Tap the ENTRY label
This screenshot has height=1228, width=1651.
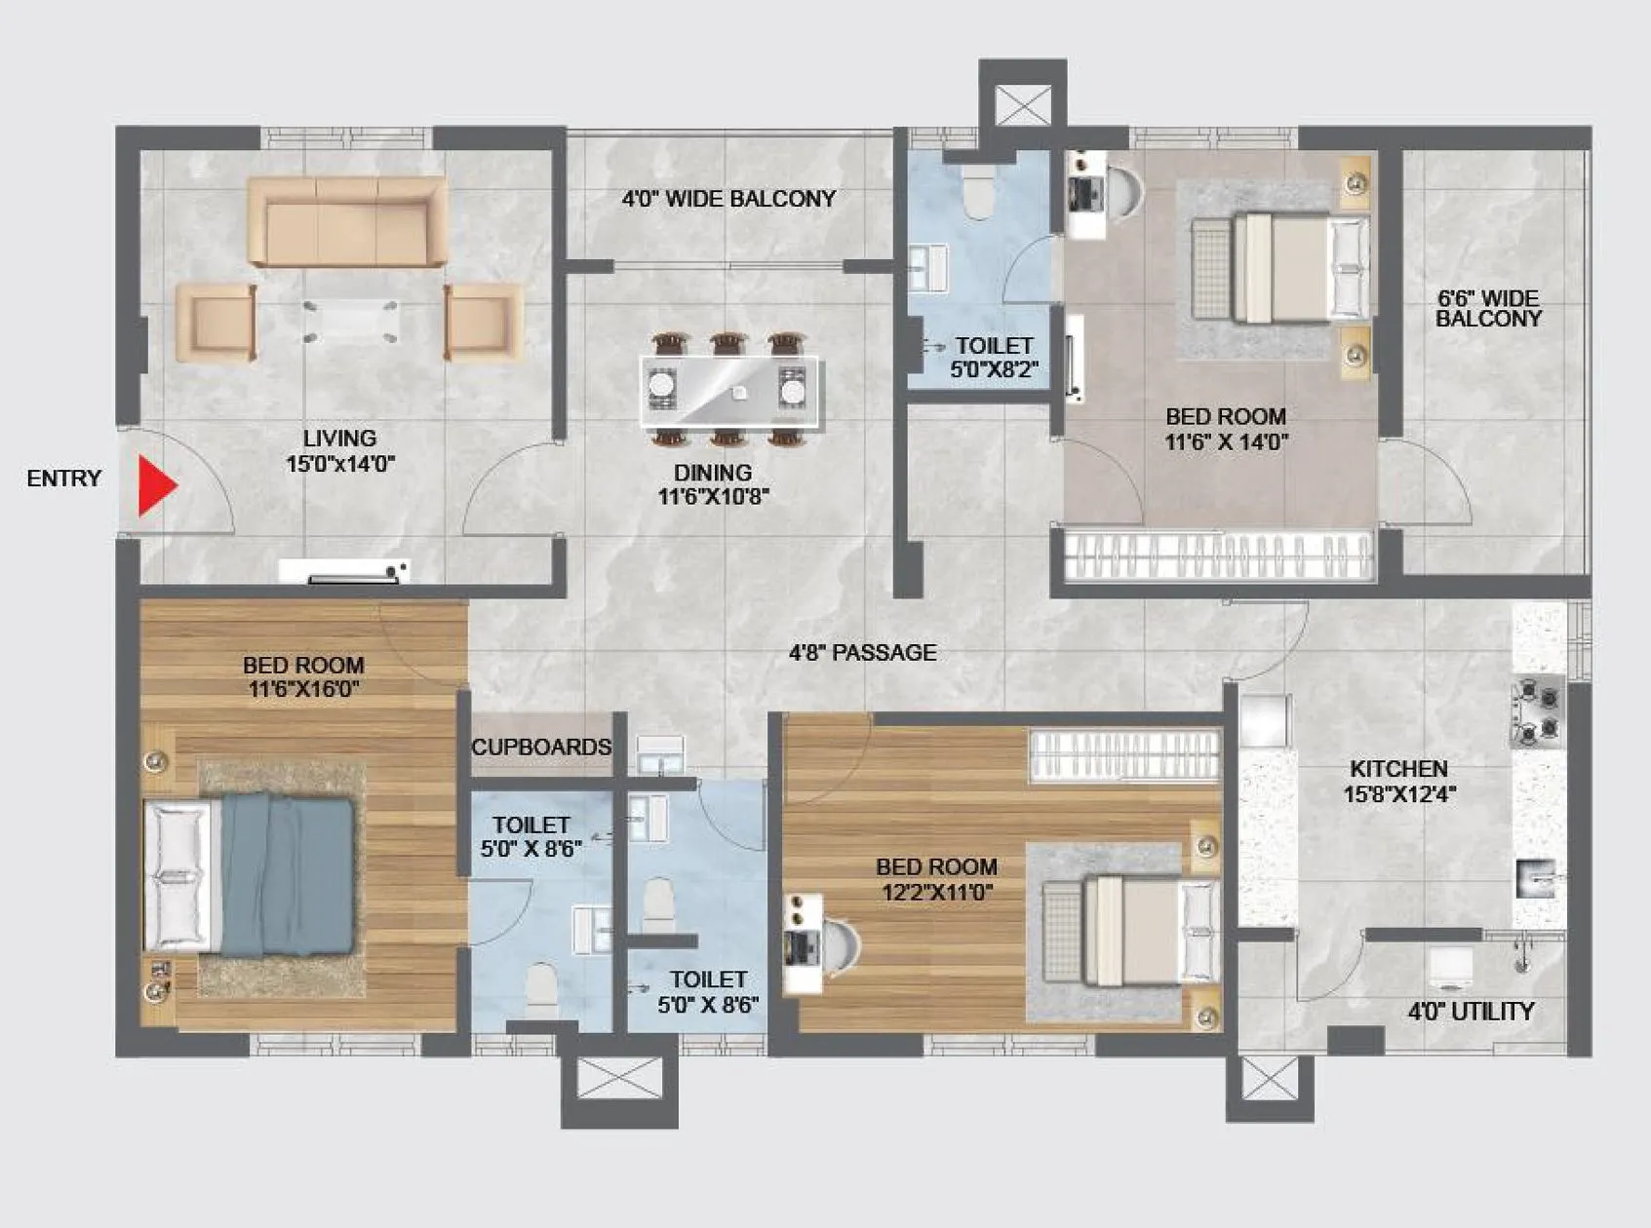[64, 479]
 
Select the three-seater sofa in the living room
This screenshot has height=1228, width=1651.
[347, 222]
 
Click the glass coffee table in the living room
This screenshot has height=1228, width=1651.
[350, 321]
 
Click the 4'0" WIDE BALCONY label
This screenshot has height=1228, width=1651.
[728, 199]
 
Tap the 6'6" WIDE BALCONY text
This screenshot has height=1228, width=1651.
[1488, 308]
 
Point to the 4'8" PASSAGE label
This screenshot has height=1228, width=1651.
[862, 652]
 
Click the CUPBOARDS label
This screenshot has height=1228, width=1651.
[541, 748]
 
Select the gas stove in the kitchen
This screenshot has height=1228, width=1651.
[1537, 712]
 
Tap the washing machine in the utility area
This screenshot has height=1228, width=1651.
[1452, 969]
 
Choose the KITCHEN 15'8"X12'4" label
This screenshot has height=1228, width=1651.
[1398, 781]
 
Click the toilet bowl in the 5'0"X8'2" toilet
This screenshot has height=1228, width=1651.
[978, 193]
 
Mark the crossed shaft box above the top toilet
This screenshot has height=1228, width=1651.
[1023, 105]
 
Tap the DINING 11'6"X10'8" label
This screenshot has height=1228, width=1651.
[714, 484]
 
